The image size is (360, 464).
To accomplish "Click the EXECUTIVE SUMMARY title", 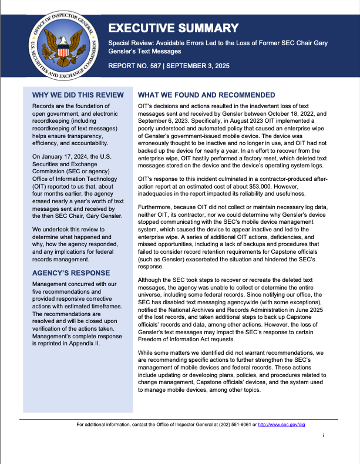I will tap(174, 28).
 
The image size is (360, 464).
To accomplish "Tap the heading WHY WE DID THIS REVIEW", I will tap(78, 95).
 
